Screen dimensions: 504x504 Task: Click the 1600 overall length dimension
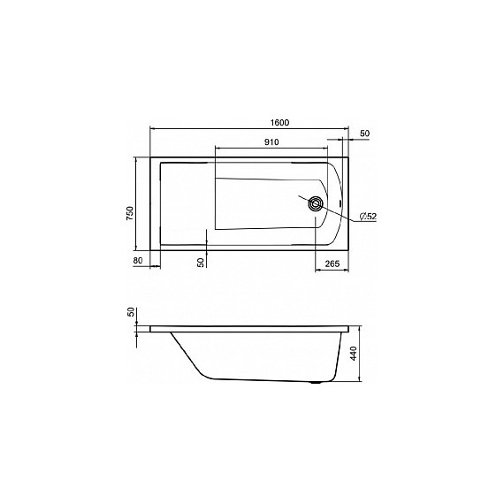coord(279,123)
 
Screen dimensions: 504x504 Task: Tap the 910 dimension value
coord(271,142)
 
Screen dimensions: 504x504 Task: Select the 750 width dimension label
coord(129,213)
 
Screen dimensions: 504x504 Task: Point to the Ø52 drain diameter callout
coord(368,217)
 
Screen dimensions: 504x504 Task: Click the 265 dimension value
coord(332,263)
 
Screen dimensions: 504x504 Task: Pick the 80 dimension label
coord(138,260)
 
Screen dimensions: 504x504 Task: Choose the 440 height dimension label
coord(354,354)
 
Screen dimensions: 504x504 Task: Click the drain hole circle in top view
coord(315,203)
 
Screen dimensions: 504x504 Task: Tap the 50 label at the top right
coord(365,134)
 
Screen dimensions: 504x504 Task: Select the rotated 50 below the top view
coord(201,263)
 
